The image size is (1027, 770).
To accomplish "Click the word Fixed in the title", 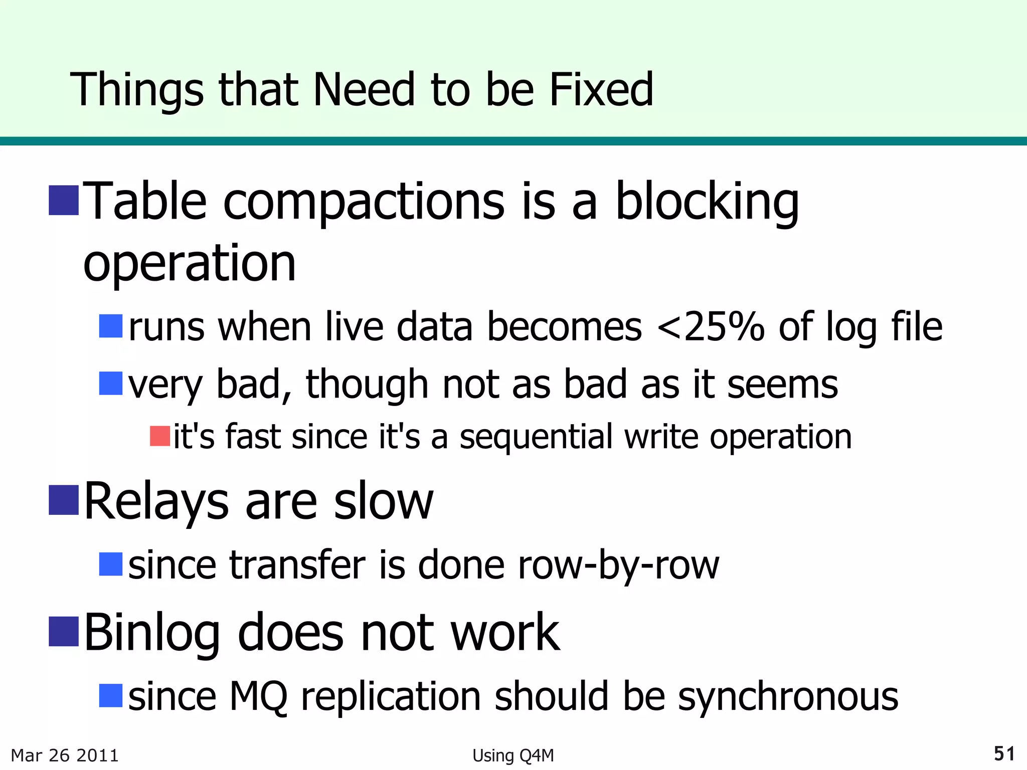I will pyautogui.click(x=601, y=90).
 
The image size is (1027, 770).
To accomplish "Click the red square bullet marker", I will pyautogui.click(x=160, y=436).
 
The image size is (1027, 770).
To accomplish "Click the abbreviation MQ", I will pyautogui.click(x=258, y=697).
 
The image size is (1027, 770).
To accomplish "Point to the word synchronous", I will pyautogui.click(x=788, y=697).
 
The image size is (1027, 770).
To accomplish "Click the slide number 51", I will pyautogui.click(x=1004, y=753).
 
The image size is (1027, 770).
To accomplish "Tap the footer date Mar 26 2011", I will pyautogui.click(x=65, y=755).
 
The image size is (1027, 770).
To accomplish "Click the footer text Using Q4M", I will pyautogui.click(x=513, y=755).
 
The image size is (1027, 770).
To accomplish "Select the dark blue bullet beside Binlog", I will pyautogui.click(x=64, y=632).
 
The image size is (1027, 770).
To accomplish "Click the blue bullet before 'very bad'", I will pyautogui.click(x=111, y=383).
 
